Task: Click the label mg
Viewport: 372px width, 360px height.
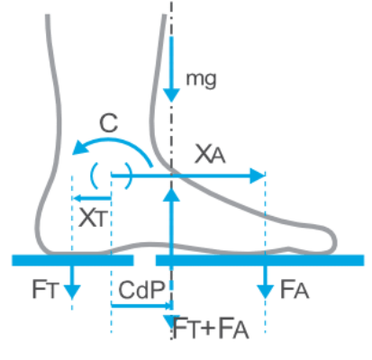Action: (x=201, y=80)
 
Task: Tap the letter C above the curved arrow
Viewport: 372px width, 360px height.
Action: (x=109, y=123)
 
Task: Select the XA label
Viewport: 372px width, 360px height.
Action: (x=210, y=154)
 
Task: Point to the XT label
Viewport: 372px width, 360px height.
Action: (x=93, y=217)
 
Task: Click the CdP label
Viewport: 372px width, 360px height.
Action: (x=141, y=290)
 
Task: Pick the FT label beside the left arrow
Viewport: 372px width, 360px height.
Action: (x=44, y=289)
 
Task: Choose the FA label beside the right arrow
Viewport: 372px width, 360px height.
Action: (x=295, y=290)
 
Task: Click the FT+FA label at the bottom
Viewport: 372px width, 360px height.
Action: (x=211, y=329)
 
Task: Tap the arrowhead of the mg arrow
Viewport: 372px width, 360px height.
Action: (x=171, y=95)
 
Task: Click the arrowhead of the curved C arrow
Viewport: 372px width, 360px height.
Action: (x=79, y=148)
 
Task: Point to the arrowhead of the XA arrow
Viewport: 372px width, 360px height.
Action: (x=258, y=175)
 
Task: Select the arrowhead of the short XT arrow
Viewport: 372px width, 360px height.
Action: (x=77, y=198)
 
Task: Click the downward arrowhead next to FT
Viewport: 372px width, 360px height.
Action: (x=72, y=292)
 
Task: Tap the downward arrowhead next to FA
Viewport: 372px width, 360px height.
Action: (x=265, y=292)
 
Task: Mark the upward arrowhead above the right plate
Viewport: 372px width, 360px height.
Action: (x=171, y=195)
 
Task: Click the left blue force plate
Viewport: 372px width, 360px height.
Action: (x=73, y=260)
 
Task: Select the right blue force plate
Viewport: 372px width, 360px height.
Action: (x=259, y=260)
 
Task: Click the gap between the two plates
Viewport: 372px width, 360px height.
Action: (x=144, y=260)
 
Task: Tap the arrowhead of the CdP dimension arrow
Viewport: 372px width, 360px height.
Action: (x=170, y=306)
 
